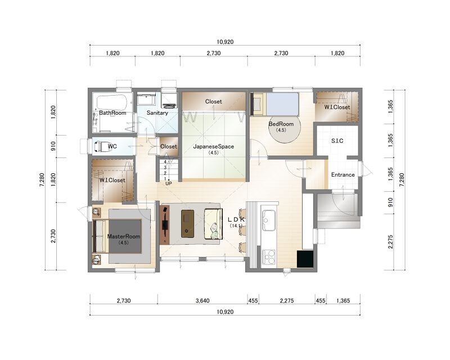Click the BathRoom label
pos(112,113)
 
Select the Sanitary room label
pos(157,113)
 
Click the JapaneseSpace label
pos(214,146)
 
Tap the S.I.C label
pos(337,141)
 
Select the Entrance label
pos(343,174)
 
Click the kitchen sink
pos(269,220)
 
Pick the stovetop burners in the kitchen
pos(269,257)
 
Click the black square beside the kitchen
pos(305,259)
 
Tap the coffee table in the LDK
pos(187,223)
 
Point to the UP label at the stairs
pos(169,183)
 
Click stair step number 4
pos(165,161)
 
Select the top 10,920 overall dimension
pos(225,42)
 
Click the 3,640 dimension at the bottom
pos(202,300)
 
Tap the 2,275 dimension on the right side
pos(390,242)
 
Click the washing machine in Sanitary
pos(169,100)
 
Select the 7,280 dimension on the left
pos(42,180)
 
